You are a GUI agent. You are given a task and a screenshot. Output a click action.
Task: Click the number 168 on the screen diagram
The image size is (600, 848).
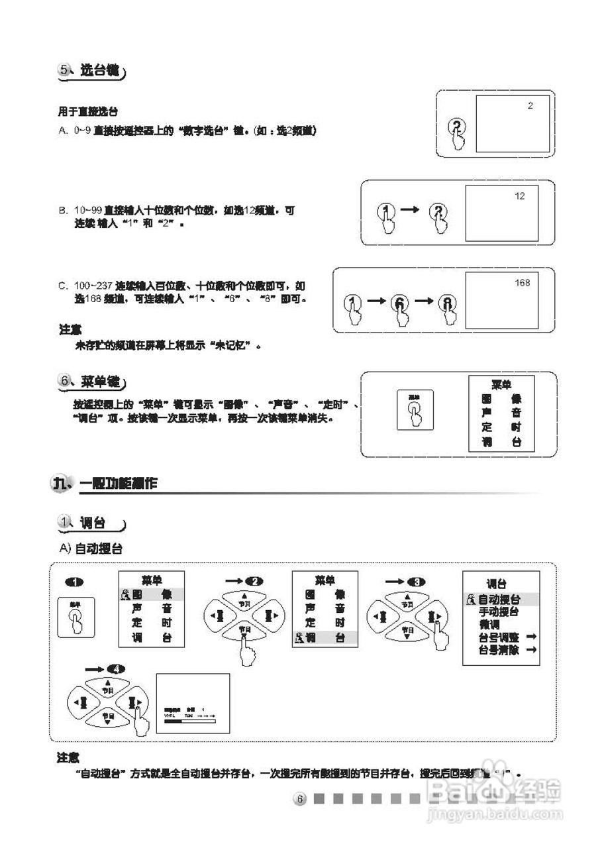tap(522, 283)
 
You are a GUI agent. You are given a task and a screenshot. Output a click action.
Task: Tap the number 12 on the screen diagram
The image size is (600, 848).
tap(519, 196)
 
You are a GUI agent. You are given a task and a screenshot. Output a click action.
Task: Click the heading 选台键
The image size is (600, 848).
tap(99, 71)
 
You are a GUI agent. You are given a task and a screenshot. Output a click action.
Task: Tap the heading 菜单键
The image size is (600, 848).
tap(100, 382)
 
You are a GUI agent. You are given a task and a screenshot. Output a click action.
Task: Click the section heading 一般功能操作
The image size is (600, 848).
tap(119, 484)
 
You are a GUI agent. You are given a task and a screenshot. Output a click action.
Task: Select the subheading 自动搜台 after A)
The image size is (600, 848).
tap(99, 549)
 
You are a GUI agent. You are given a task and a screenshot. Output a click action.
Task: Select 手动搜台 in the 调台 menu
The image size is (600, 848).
tap(499, 611)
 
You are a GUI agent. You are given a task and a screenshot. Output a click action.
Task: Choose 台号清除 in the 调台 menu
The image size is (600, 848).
tap(499, 649)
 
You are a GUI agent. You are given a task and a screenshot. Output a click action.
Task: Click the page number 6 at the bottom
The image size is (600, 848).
tap(299, 800)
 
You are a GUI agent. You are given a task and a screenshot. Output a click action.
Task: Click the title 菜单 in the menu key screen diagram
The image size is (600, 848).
tap(501, 385)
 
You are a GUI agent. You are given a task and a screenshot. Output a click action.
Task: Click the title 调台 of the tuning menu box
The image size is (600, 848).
tap(497, 584)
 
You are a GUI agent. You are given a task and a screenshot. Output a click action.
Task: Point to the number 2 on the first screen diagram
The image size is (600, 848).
tap(530, 105)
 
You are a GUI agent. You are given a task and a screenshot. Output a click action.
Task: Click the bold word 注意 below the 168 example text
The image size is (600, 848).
tap(70, 329)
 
